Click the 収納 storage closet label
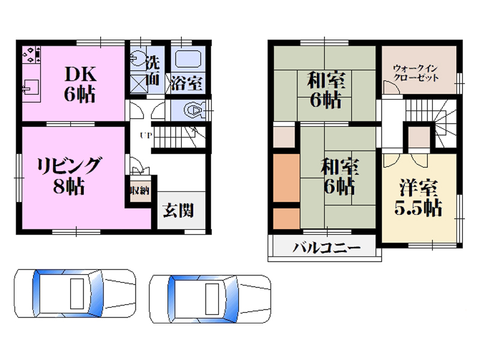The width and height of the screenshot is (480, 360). pyautogui.click(x=140, y=191)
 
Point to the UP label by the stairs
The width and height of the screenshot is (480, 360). pyautogui.click(x=145, y=134)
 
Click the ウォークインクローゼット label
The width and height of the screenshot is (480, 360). pyautogui.click(x=416, y=73)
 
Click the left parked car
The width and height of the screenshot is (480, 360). pyautogui.click(x=74, y=293)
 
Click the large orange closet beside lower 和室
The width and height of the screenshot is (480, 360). pyautogui.click(x=286, y=178)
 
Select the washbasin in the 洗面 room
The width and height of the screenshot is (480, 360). pyautogui.click(x=138, y=59)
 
